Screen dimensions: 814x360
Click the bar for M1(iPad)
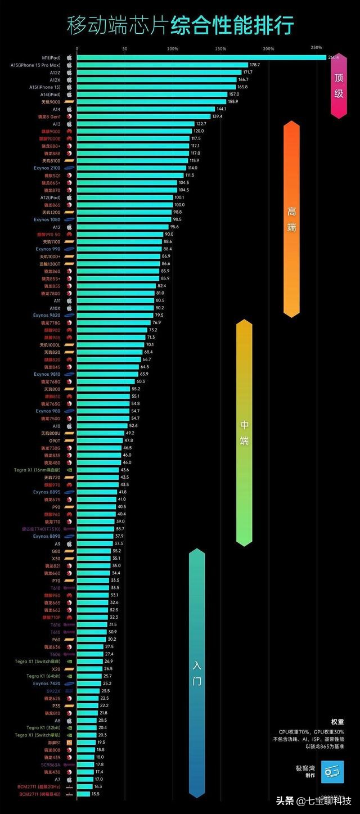point(201,57)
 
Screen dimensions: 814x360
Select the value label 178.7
point(255,65)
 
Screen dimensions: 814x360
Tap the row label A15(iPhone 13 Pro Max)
point(35,65)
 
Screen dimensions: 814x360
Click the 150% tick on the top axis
point(220,48)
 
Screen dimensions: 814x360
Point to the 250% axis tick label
point(316,47)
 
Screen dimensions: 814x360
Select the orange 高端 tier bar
point(291,219)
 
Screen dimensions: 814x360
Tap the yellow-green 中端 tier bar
point(244,433)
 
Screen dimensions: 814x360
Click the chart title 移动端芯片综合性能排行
point(180,25)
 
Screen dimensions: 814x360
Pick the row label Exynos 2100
point(47,168)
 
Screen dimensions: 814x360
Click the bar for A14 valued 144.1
point(146,109)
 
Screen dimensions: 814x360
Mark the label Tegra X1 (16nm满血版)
point(38,470)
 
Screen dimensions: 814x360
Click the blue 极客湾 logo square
point(332,771)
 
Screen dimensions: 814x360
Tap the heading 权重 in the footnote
point(337,722)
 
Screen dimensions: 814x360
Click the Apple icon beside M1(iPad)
point(69,57)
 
